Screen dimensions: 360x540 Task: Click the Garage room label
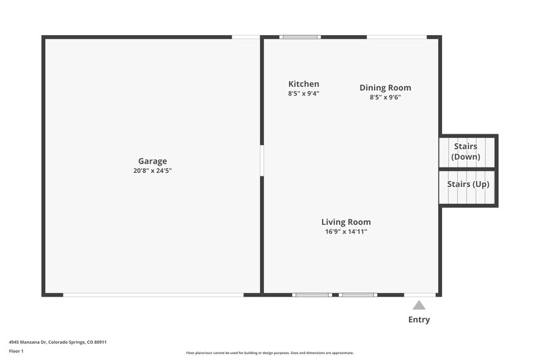point(153,161)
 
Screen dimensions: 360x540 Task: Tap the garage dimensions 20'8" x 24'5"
point(153,171)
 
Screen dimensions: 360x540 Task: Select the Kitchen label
point(304,84)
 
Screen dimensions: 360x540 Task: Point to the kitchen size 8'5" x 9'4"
point(304,94)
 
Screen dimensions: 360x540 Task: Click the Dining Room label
point(385,88)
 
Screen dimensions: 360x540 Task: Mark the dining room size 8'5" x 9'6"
point(385,97)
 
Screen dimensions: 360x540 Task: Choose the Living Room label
point(346,222)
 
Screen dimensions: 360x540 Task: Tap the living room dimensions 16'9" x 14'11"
point(346,232)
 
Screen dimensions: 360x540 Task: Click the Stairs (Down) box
point(466,151)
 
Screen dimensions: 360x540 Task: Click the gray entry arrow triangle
point(419,305)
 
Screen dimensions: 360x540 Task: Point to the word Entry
point(419,319)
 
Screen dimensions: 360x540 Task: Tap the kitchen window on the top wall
point(300,36)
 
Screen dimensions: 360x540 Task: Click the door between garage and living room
point(261,161)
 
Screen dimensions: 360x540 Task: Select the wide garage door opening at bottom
point(153,294)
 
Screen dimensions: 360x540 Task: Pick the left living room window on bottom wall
point(312,294)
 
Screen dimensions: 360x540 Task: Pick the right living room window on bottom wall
point(357,294)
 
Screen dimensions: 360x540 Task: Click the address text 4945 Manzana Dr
point(57,342)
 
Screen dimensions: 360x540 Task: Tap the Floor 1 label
point(16,351)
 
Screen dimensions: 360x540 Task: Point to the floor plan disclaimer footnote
point(269,353)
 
